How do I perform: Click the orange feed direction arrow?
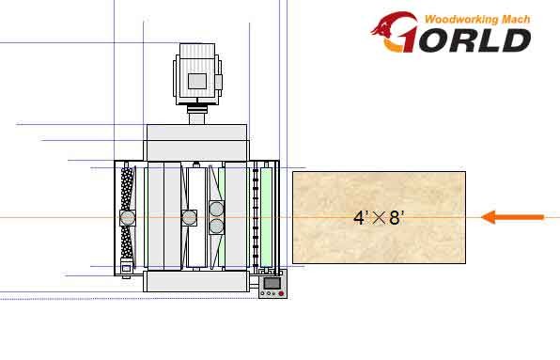(512, 217)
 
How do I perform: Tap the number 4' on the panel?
(360, 218)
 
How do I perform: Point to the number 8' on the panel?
(397, 218)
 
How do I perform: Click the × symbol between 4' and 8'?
(379, 218)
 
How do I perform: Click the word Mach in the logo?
(516, 19)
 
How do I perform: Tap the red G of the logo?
(395, 32)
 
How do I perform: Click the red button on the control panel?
(281, 293)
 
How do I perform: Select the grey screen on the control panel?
(272, 284)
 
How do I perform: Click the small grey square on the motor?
(197, 81)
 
